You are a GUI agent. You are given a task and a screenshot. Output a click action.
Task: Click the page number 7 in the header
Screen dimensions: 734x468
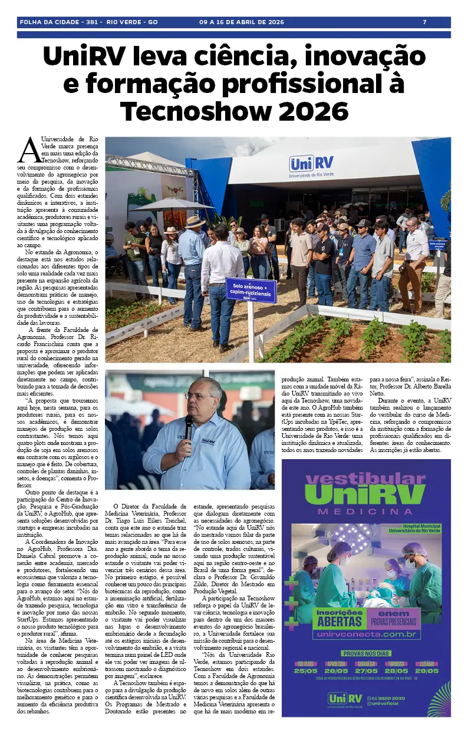424,22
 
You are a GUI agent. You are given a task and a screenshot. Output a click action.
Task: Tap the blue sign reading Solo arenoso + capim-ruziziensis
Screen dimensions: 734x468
251,290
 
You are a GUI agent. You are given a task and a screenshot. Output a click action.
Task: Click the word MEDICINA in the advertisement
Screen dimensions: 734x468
366,512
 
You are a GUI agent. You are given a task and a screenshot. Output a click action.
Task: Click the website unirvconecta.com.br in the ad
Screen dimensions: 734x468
367,635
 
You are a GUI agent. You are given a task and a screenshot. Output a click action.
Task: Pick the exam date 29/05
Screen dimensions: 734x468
426,670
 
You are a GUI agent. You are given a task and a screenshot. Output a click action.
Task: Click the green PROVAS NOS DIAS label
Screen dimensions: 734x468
366,653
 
